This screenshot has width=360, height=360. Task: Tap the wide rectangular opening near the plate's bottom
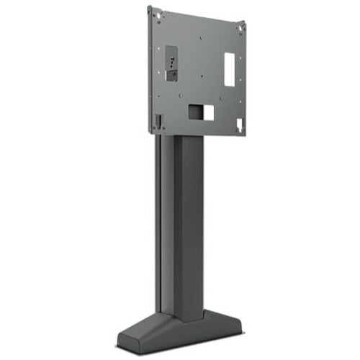coord(202,112)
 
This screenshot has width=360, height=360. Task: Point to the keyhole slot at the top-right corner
coord(242,27)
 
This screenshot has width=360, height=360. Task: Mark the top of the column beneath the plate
coord(180,138)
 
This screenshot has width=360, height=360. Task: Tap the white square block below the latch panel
coord(172,76)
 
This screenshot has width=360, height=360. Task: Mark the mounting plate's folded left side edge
coord(150,72)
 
